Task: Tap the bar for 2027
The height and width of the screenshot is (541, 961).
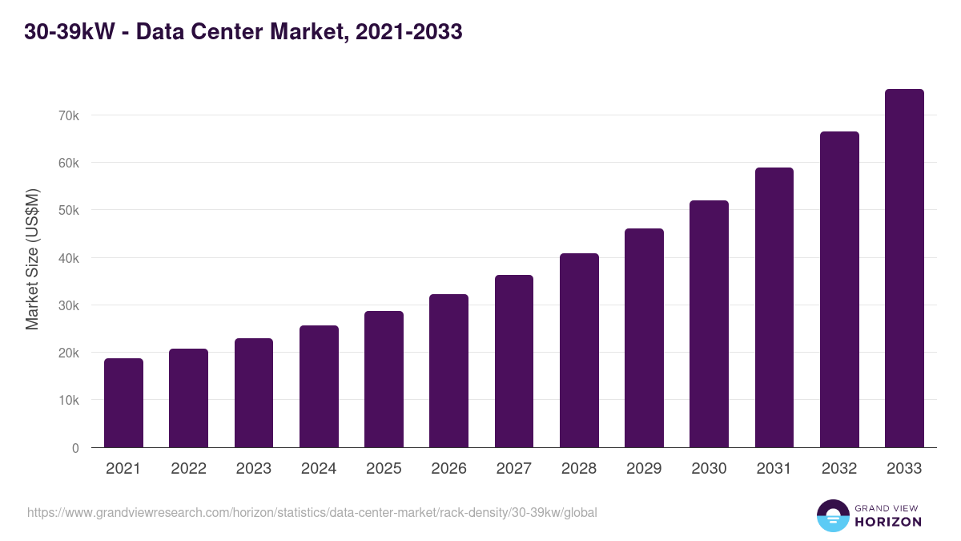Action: click(x=514, y=361)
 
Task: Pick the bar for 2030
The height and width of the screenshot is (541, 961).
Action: click(x=709, y=324)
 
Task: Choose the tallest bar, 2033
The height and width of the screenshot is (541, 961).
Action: click(x=904, y=268)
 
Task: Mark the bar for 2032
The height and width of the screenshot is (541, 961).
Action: click(x=839, y=289)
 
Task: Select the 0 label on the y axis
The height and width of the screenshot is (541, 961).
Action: click(x=75, y=448)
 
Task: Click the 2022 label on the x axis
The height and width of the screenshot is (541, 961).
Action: click(x=188, y=469)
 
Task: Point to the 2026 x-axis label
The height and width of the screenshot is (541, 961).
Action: click(x=448, y=469)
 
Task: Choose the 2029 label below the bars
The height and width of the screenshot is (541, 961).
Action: click(x=644, y=469)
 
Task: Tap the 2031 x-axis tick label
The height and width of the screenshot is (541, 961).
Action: click(x=774, y=469)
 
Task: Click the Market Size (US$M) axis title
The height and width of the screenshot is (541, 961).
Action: click(x=32, y=259)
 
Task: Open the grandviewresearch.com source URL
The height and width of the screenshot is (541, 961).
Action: click(x=312, y=512)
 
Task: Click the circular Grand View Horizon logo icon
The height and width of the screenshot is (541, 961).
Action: click(x=832, y=515)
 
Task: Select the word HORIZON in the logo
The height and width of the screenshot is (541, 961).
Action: click(x=888, y=522)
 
